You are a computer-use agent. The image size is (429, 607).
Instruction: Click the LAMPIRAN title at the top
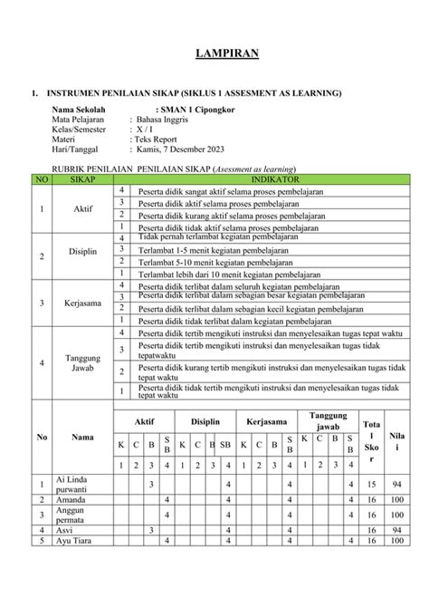[x=228, y=54]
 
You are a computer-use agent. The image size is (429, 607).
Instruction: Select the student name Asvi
[x=65, y=530]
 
